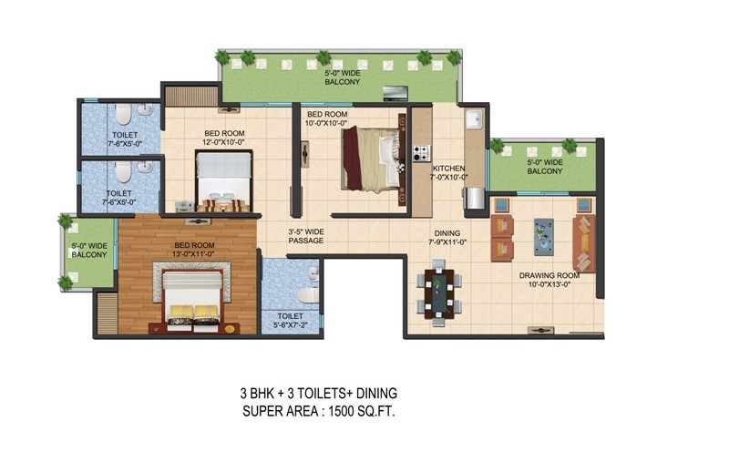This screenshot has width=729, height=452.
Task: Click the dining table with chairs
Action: tap(439, 293)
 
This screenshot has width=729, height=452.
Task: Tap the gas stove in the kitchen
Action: tap(422, 153)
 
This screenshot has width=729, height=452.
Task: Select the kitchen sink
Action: tap(475, 119)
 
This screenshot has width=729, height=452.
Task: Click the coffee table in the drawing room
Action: tap(543, 237)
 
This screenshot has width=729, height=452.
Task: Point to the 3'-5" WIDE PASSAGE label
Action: tap(306, 236)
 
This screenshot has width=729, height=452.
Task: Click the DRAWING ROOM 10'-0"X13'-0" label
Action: tap(549, 280)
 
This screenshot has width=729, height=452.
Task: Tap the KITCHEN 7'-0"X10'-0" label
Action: tap(449, 172)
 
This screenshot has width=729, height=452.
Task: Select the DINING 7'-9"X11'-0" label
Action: tap(447, 238)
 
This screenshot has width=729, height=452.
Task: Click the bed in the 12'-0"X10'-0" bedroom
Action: tap(224, 181)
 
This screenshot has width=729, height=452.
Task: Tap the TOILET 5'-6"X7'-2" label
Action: tap(290, 321)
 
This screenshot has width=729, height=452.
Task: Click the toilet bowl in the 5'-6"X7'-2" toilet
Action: tap(308, 295)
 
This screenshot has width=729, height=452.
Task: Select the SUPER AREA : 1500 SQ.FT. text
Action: tap(319, 412)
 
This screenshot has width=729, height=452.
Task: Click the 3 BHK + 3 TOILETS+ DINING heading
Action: tap(319, 394)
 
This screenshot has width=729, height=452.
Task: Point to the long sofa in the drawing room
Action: tap(584, 243)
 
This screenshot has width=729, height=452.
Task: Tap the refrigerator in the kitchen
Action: tap(474, 198)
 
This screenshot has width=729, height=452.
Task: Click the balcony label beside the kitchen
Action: tap(545, 167)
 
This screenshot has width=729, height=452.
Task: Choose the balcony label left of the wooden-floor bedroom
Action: tap(88, 251)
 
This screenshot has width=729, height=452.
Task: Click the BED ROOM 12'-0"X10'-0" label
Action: tap(224, 139)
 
